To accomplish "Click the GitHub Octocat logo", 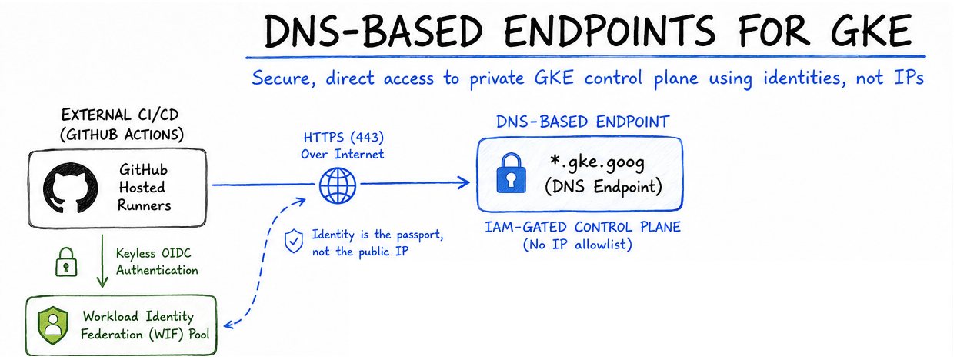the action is (x=71, y=188).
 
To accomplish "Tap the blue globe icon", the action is (x=338, y=185).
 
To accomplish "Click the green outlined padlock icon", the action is (x=66, y=262).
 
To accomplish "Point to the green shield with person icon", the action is (x=53, y=325).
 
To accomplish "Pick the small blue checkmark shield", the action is (x=294, y=241).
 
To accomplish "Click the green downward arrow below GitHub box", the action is (x=102, y=261).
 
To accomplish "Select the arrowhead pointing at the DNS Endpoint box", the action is (x=464, y=183).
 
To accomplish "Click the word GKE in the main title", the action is (x=872, y=32).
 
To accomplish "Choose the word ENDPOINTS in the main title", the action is (x=609, y=32).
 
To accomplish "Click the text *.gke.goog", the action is (x=597, y=163).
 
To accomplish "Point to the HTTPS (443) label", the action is (x=344, y=138).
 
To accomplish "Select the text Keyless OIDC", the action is (x=153, y=253).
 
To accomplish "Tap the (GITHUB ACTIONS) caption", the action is (x=122, y=135).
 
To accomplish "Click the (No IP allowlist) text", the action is (x=578, y=245).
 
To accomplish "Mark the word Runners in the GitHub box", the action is (x=145, y=205).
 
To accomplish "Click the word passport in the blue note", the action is (x=420, y=235).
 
